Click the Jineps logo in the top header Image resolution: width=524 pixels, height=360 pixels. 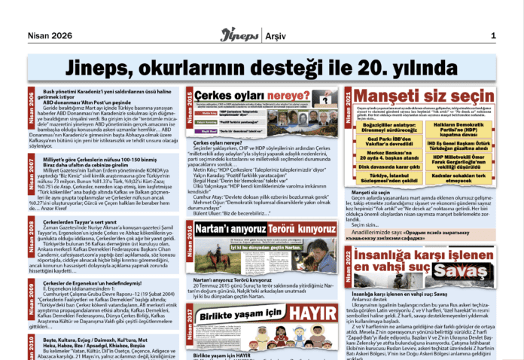tap(239, 35)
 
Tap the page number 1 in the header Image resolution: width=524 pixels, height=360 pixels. tap(493, 35)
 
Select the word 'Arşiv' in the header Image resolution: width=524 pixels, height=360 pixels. tap(281, 35)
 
